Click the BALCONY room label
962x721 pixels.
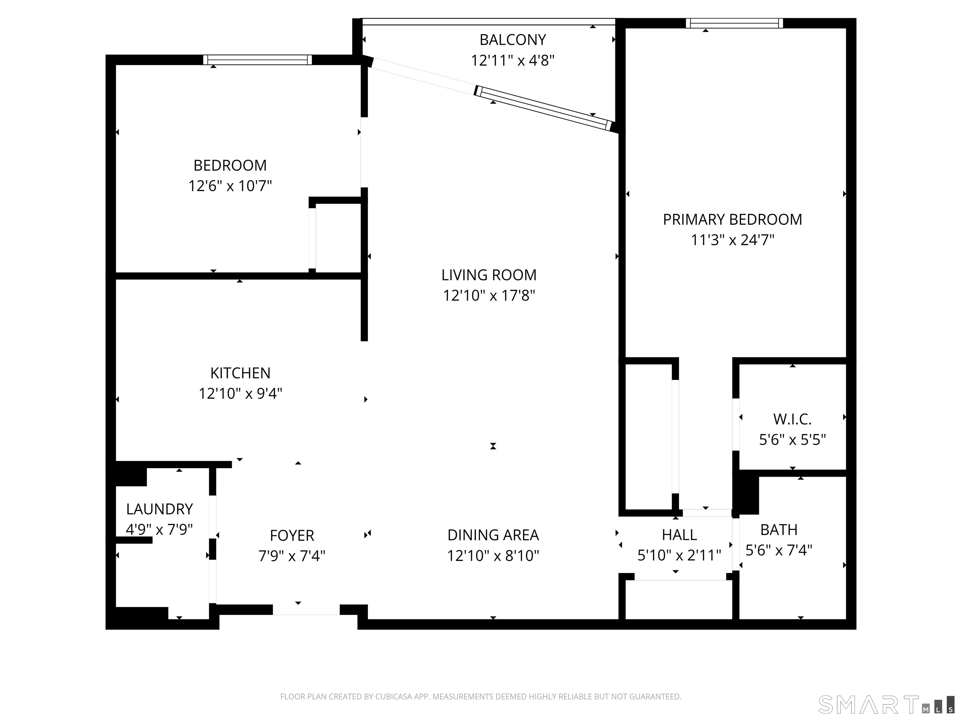click(512, 39)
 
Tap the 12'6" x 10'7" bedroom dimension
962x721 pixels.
click(230, 186)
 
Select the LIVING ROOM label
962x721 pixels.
click(489, 275)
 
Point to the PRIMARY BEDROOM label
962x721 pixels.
click(732, 219)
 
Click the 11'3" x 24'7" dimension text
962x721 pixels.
click(733, 240)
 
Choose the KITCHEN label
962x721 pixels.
click(240, 373)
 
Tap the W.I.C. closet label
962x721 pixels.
click(792, 419)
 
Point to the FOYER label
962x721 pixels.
click(292, 535)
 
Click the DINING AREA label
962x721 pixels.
click(493, 535)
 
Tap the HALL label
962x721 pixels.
click(679, 534)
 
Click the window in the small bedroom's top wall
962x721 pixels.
click(257, 59)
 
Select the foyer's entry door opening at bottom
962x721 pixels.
click(306, 609)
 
